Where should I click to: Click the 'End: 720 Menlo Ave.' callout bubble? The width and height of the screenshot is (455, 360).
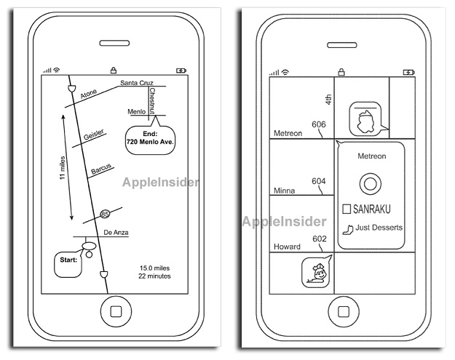click(150, 140)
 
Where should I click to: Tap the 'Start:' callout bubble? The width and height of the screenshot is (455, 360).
click(68, 265)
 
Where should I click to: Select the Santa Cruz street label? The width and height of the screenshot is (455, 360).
click(137, 83)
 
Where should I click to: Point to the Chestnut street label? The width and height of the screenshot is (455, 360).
click(152, 101)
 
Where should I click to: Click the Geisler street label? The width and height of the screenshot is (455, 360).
click(93, 135)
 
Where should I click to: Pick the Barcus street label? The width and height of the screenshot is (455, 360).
click(101, 169)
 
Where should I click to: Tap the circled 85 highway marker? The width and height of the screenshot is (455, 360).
click(105, 215)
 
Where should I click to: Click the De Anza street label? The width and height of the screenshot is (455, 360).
click(116, 233)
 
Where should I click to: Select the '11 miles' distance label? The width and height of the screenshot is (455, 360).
click(63, 168)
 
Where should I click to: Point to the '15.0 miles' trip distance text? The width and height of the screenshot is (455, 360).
click(154, 268)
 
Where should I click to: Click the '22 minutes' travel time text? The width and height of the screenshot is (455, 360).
click(154, 276)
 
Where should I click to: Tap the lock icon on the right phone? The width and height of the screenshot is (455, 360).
click(341, 71)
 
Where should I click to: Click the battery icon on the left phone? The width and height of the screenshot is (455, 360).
click(181, 71)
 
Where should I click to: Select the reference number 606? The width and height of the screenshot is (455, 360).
click(319, 124)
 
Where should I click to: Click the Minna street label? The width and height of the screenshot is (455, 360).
click(285, 191)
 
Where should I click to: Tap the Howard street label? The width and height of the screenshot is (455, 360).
click(287, 247)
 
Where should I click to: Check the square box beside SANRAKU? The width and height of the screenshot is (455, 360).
click(347, 209)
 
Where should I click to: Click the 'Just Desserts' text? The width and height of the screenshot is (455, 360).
click(379, 228)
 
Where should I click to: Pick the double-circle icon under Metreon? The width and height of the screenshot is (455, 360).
click(371, 184)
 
